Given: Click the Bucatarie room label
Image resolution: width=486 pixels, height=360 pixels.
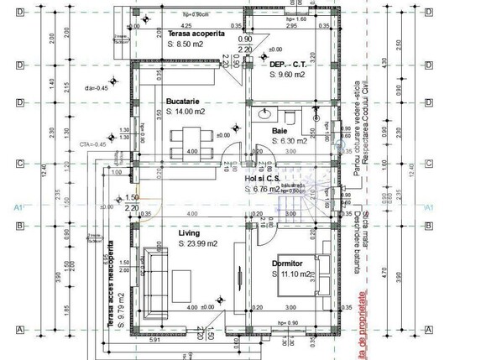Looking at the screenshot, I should pos(182,99).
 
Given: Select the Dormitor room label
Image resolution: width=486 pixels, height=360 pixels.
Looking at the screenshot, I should pos(289,263).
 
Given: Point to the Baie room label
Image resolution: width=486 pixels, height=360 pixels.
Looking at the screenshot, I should pos(280,131).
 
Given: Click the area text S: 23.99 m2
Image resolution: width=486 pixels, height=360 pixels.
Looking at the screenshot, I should pos(199,243).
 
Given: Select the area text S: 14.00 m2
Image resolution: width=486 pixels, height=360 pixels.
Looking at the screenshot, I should pos(186,111).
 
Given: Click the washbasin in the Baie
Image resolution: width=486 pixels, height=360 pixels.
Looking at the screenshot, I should pos(262,113).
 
